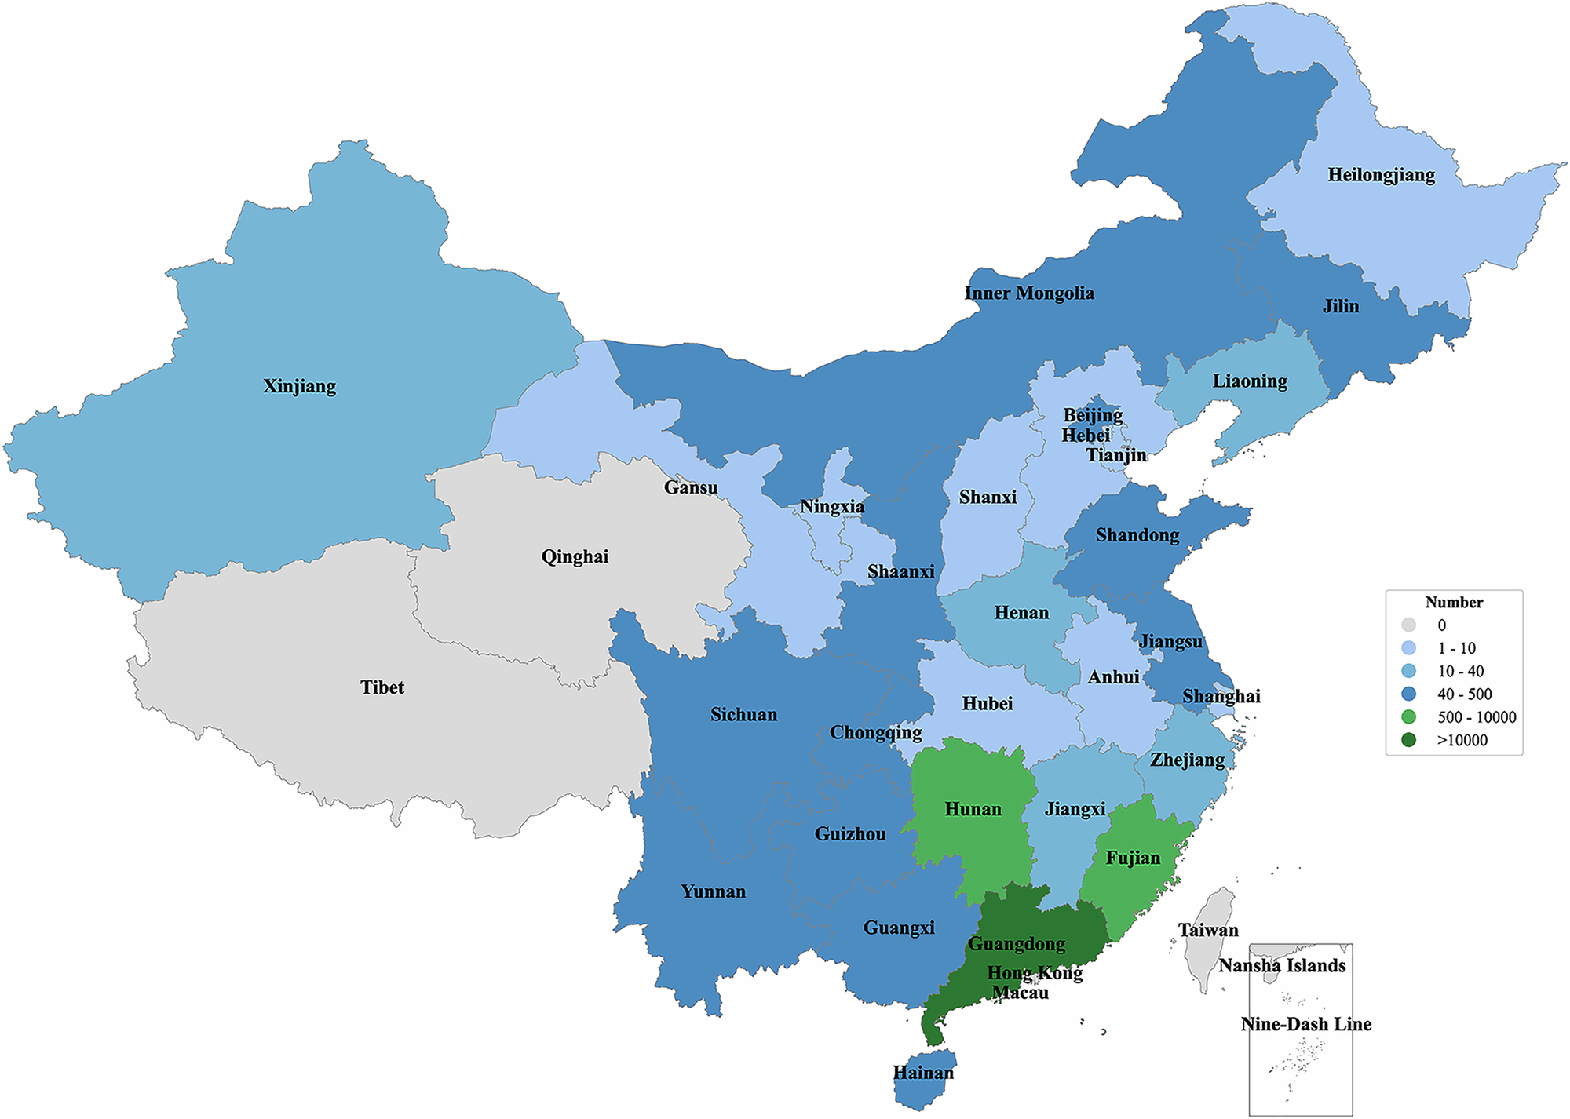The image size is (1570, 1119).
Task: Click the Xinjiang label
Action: (299, 386)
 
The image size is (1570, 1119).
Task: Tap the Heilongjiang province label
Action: (1381, 175)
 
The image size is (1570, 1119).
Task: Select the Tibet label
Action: (382, 687)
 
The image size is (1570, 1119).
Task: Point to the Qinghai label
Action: (575, 557)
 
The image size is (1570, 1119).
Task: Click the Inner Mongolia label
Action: (1028, 293)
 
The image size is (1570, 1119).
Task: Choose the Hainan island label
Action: (923, 1073)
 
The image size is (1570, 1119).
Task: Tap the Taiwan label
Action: (1208, 931)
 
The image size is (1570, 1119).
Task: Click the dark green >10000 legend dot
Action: (1409, 740)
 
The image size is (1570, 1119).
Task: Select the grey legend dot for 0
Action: (1409, 625)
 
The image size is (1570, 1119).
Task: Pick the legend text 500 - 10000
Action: (1477, 717)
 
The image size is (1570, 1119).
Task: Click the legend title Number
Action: (1454, 603)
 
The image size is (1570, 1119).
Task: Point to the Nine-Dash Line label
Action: (1305, 1024)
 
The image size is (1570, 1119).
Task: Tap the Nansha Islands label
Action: (1282, 966)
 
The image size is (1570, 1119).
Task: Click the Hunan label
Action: (973, 809)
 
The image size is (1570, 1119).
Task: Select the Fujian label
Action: (1132, 858)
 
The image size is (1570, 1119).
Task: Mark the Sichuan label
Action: (743, 715)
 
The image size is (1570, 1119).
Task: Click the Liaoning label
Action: (1250, 381)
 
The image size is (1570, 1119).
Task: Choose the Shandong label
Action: (1137, 535)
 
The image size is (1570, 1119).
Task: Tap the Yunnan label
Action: (713, 892)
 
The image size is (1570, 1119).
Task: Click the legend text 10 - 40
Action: (1460, 672)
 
